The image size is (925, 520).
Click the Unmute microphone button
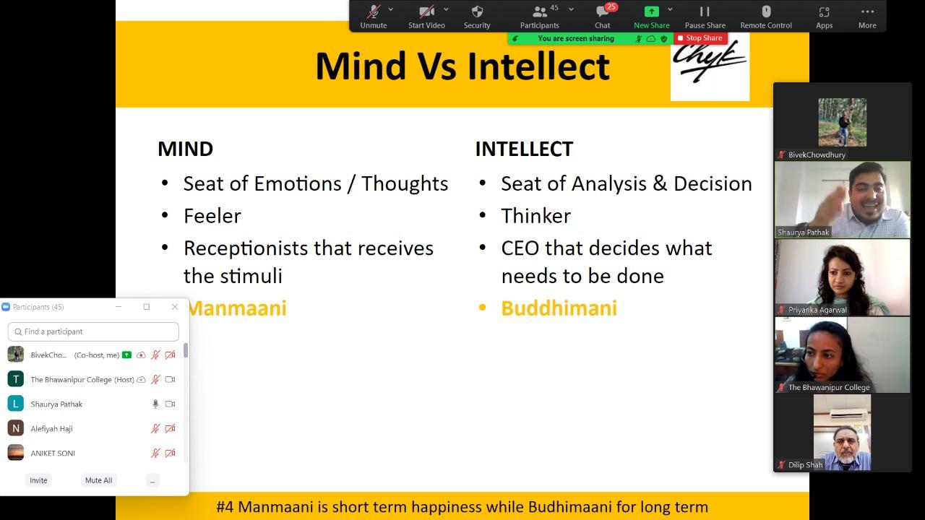coord(374,17)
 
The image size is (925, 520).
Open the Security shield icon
coord(477,17)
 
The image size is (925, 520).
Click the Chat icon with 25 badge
coord(603,17)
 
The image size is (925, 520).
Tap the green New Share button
coord(652,17)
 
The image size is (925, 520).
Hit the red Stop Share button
coord(700,38)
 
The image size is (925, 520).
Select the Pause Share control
coord(705,17)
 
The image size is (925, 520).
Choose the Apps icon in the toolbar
coord(824,17)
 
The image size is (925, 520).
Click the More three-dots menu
coord(867,17)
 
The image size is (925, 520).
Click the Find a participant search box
coord(93,331)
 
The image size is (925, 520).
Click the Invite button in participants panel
coord(38,480)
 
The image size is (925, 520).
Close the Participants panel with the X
coord(175,307)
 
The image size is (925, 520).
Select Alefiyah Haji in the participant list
coord(51,428)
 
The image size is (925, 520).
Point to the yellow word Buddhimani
coord(559,308)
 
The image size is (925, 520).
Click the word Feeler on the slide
coord(212,216)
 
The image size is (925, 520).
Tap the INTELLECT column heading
coord(524,149)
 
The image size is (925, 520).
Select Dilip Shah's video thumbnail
coord(842,432)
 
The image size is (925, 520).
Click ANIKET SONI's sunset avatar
coord(16,453)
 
